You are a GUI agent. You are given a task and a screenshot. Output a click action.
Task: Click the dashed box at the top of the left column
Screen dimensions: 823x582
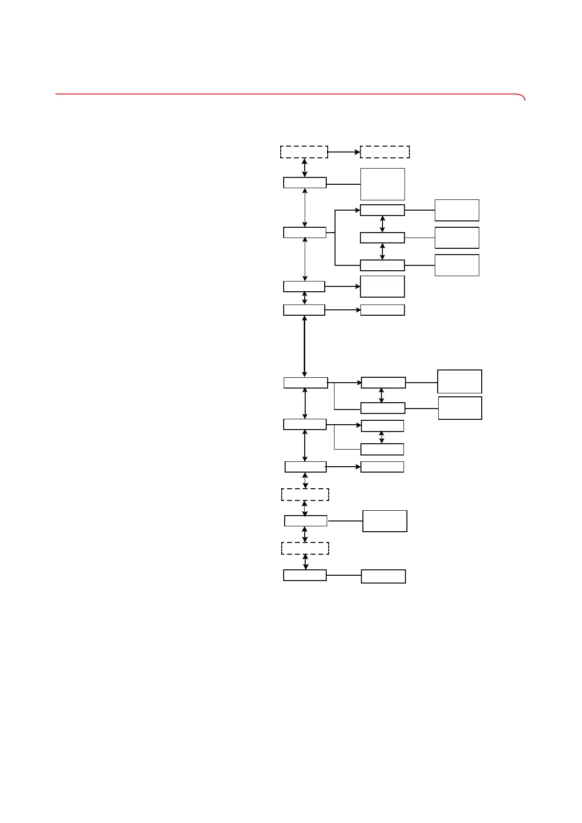(304, 152)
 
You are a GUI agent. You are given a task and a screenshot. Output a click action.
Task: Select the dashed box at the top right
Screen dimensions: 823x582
(384, 152)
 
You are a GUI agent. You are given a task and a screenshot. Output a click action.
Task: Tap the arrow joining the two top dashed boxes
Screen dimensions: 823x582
(344, 152)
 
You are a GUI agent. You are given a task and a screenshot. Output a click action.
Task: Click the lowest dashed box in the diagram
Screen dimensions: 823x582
(305, 548)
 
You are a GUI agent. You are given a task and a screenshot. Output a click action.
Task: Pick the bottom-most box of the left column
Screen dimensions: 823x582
(305, 575)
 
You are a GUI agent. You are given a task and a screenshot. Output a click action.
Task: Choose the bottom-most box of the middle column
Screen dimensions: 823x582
(383, 576)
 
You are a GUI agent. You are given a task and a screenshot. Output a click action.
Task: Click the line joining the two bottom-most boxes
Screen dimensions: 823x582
(343, 575)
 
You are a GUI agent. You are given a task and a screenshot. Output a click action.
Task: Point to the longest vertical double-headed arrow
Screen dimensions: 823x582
(304, 346)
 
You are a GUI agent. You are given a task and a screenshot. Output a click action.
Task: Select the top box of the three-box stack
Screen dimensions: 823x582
(382, 210)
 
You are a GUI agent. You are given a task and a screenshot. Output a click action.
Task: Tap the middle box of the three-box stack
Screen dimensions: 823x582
(382, 238)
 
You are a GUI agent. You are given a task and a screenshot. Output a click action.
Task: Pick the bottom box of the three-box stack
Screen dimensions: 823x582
(382, 265)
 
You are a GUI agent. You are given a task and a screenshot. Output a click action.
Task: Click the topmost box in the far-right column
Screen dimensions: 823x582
(457, 210)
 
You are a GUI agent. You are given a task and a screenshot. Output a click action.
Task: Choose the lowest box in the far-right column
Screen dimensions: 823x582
(460, 408)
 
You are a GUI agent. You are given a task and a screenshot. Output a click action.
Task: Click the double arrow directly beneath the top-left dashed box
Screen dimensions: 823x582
(305, 168)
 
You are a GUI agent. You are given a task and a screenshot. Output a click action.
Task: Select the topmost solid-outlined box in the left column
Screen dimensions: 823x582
(305, 183)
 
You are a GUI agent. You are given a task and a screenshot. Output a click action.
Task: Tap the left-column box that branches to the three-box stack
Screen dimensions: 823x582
(305, 233)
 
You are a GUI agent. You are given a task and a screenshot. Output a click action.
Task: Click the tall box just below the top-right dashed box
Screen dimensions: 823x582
(382, 184)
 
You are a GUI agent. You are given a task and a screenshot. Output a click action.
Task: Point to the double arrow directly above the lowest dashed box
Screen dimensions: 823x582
(305, 534)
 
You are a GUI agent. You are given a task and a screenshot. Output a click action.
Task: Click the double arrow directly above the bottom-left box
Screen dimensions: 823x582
(306, 562)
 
